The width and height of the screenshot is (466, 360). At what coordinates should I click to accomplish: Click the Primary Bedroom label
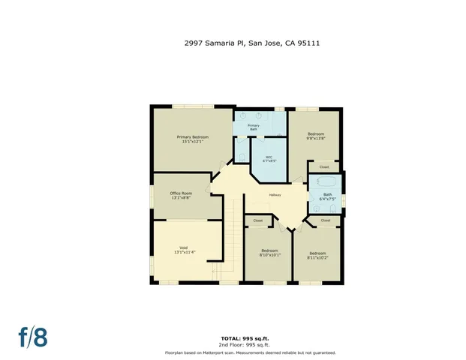[x=192, y=139]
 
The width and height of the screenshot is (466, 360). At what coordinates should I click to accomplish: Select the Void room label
[x=183, y=250]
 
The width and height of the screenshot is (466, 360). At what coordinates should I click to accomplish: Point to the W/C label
[x=269, y=159]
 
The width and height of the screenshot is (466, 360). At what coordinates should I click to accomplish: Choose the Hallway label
[x=275, y=196]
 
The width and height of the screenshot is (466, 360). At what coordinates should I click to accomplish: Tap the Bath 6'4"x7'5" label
[x=327, y=197]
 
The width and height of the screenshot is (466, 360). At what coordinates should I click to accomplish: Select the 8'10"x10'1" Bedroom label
[x=269, y=253]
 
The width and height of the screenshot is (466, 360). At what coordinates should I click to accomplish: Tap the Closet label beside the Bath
[x=324, y=166]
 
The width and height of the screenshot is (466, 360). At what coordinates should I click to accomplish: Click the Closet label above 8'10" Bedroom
[x=258, y=220]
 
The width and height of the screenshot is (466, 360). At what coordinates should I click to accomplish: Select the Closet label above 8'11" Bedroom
[x=325, y=220]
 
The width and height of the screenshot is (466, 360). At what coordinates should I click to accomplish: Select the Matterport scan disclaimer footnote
[x=250, y=352]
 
